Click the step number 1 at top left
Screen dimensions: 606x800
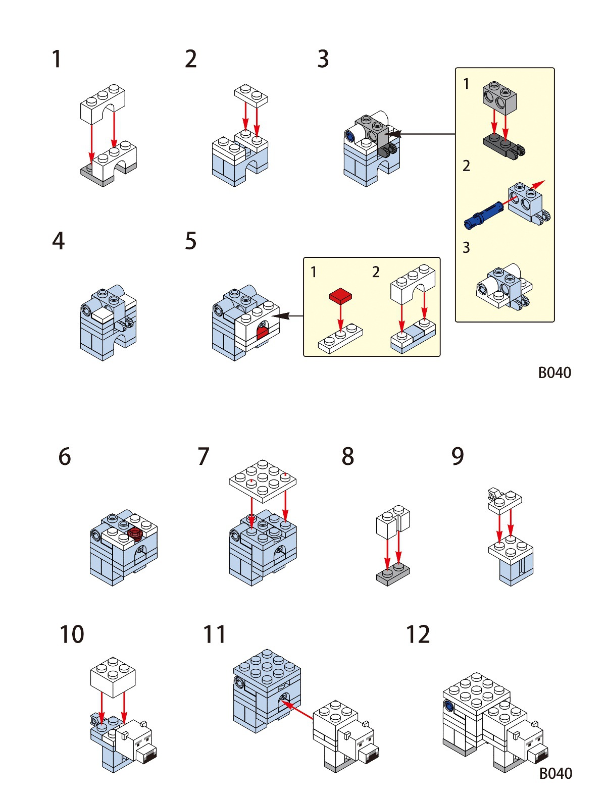pos(57,59)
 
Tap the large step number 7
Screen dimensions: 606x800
pos(203,456)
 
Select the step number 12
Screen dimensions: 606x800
pos(418,634)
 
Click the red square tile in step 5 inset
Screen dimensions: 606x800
pos(340,296)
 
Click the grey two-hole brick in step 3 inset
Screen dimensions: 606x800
pos(499,97)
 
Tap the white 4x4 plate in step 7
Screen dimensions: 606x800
pos(262,480)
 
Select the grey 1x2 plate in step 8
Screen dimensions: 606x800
pos(393,575)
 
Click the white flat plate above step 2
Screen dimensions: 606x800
pos(251,95)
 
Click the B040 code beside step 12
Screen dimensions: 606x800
pos(555,773)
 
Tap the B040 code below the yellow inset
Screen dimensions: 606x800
pos(554,372)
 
